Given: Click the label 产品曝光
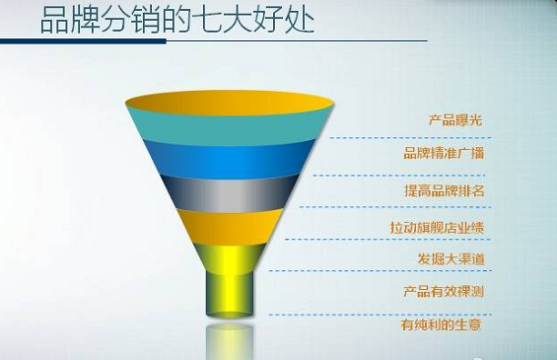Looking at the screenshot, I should point(455,121).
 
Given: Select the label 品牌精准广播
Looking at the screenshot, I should point(444,154).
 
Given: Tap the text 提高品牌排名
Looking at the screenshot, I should point(446,189).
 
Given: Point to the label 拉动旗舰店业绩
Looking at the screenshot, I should point(437,227).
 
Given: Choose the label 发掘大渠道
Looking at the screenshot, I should point(450,259).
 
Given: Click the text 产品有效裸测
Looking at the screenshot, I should point(444,292).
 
